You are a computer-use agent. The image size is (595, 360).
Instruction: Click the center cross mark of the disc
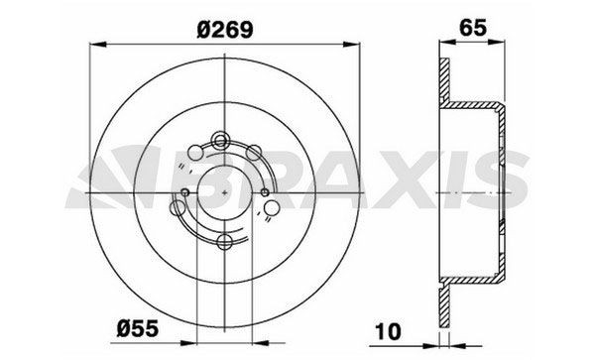pyautogui.click(x=225, y=191)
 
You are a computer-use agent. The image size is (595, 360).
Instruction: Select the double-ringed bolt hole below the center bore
pyautogui.click(x=226, y=242)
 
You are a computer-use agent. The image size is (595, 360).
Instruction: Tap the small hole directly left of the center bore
pyautogui.click(x=185, y=191)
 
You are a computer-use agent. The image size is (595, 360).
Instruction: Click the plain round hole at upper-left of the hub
pyautogui.click(x=204, y=150)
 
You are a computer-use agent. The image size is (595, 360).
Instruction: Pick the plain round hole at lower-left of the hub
pyautogui.click(x=179, y=209)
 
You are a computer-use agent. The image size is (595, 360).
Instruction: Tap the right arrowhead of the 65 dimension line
pyautogui.click(x=507, y=43)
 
